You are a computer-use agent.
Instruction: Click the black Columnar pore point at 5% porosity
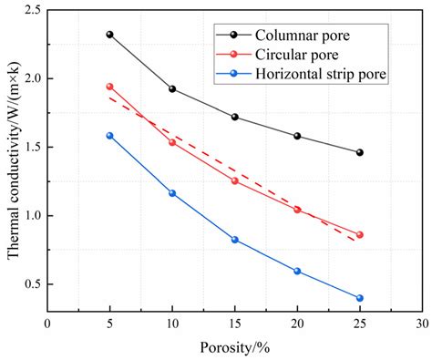coord(109,35)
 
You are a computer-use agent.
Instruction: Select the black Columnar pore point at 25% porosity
coord(359,152)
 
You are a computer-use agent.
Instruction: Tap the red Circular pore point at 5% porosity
coord(109,87)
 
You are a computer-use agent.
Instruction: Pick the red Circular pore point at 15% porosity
coord(234,180)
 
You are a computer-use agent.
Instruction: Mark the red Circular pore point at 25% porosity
coord(359,234)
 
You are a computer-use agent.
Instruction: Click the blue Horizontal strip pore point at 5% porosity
coord(109,136)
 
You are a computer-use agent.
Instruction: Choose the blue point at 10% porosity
coord(172,193)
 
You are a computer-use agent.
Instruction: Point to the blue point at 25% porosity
coord(359,298)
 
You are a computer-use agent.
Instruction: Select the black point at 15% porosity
coord(234,117)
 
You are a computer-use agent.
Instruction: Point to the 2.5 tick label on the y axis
coord(31,10)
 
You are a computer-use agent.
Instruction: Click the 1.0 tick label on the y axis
coord(31,215)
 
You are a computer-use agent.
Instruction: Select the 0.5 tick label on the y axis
coord(31,283)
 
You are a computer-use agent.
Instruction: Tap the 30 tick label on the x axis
coord(421,324)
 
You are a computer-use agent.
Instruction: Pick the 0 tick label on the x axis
coord(47,324)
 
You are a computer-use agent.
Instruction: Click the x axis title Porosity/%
coord(234,347)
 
